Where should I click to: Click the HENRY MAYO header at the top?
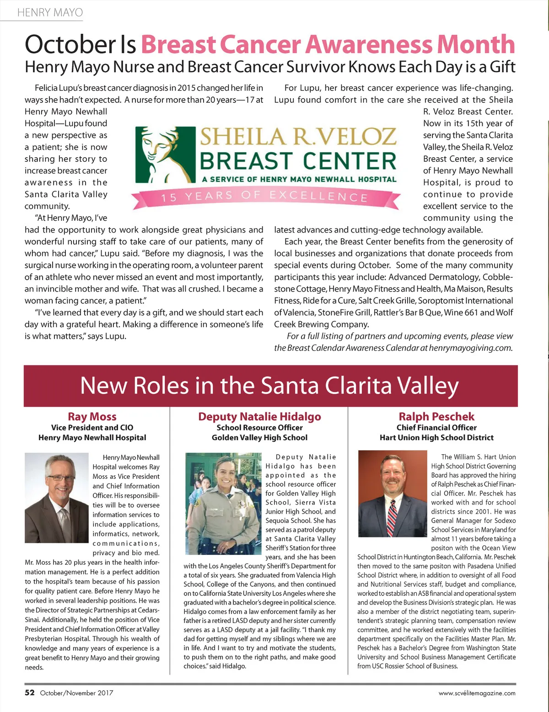coord(50,12)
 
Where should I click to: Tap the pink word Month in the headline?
coord(475,44)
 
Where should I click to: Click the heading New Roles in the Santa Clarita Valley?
coord(270,386)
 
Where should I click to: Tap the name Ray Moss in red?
coord(92,416)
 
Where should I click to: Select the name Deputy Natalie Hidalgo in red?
coord(259,416)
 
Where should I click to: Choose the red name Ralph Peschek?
coord(436,416)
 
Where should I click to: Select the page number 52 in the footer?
coord(30,692)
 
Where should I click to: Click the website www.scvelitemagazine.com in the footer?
coord(477,693)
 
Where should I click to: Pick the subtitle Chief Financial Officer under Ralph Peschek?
coord(436,428)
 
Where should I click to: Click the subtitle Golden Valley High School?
coord(259,438)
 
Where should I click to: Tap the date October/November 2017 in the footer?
coord(76,693)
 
